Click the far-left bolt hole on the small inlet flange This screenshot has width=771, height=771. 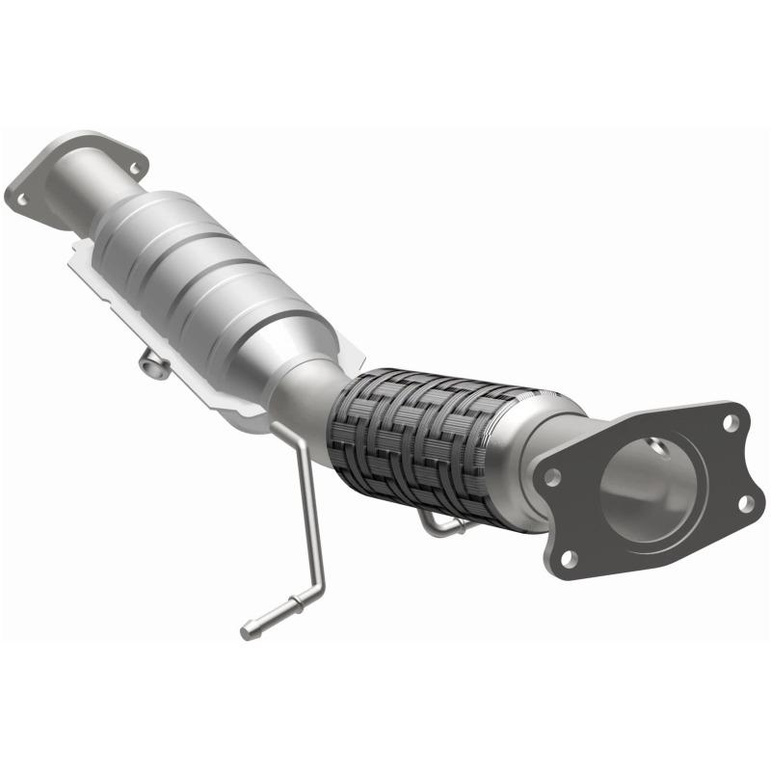click(x=21, y=199)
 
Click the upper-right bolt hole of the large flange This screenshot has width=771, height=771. click(x=731, y=423)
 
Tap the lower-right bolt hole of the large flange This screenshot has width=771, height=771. click(x=744, y=502)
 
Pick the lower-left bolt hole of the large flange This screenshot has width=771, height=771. click(x=570, y=557)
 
